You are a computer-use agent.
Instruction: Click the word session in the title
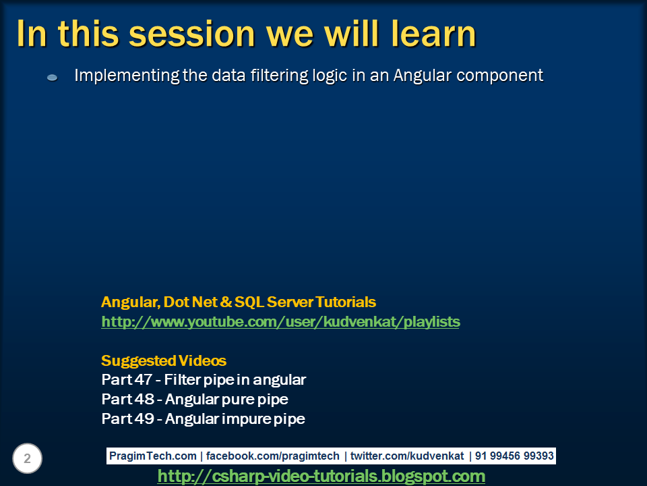pos(192,34)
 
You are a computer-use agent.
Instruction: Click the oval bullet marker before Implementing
pos(52,77)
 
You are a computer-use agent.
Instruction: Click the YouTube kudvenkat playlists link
pos(280,321)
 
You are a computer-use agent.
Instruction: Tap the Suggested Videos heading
pos(164,360)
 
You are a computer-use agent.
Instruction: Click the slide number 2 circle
pos(27,458)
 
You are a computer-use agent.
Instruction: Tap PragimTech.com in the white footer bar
pos(153,456)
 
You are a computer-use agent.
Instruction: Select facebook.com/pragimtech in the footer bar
pos(272,456)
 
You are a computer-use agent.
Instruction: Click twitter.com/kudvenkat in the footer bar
pos(407,456)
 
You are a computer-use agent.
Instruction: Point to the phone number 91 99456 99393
pos(514,456)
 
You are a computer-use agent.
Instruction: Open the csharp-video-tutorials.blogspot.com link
pos(321,476)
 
